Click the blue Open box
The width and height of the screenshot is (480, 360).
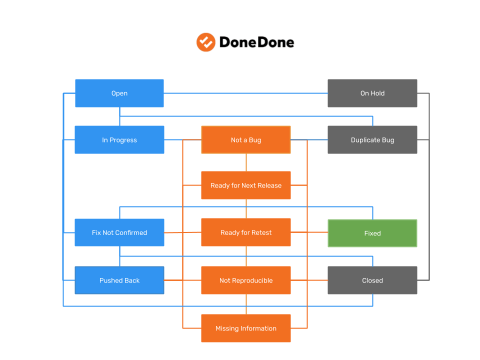coord(119,93)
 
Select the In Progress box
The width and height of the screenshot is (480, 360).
coord(119,140)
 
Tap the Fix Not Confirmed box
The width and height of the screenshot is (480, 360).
coord(119,232)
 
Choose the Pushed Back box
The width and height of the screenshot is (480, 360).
coord(119,280)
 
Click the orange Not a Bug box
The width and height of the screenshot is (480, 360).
coord(246,140)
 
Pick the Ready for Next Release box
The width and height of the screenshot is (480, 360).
coord(246,185)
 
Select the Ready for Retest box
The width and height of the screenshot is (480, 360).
coord(246,232)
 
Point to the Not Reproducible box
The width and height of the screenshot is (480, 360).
coord(246,280)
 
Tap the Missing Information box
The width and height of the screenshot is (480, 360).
coord(246,328)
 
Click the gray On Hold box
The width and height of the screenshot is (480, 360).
coord(372,93)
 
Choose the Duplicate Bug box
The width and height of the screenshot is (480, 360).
coord(372,140)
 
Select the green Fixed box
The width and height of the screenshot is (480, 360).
coord(372,233)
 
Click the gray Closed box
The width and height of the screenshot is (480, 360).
coord(372,280)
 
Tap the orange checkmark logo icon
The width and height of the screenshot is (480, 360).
coord(205,42)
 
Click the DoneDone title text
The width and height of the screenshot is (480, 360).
coord(256,43)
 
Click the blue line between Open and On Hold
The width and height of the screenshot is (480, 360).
coord(245,93)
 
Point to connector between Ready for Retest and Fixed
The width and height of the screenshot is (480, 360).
coord(309,232)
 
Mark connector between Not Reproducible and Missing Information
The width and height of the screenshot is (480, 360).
coord(246,304)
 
